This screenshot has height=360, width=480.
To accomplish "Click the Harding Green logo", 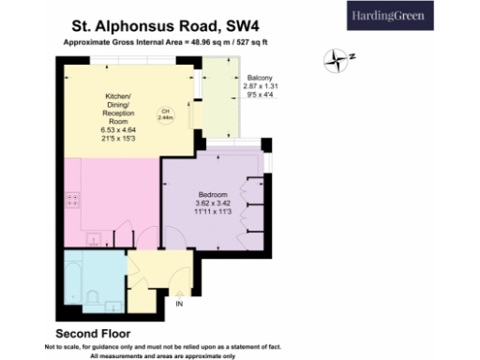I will coord(413,16).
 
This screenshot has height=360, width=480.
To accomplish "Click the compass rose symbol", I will coord(337,63).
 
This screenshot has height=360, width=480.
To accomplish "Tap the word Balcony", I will coord(260,77).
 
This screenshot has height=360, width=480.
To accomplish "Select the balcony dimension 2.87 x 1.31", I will coord(260,85).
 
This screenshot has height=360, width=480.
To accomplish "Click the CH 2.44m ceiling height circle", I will coord(165,116).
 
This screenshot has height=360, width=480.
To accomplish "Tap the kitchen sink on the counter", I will coord(94,240).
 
